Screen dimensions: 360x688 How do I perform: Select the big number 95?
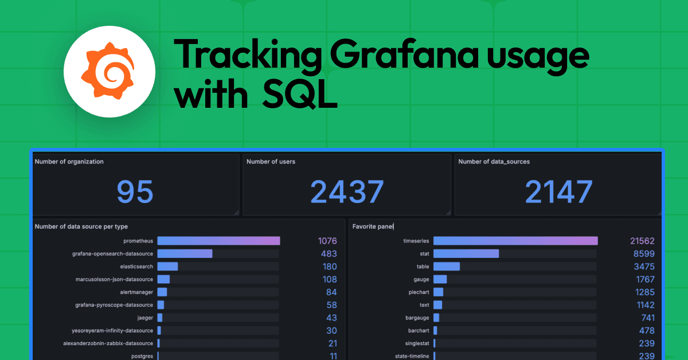pyautogui.click(x=135, y=191)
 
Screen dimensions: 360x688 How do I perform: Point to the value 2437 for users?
pyautogui.click(x=347, y=191)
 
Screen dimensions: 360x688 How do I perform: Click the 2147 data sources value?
pyautogui.click(x=558, y=191)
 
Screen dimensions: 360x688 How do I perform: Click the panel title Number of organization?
pyautogui.click(x=69, y=162)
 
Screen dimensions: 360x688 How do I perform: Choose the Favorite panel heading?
pyautogui.click(x=373, y=226)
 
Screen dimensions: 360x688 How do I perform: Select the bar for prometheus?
pyautogui.click(x=218, y=241)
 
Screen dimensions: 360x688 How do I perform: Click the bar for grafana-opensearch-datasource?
pyautogui.click(x=185, y=253)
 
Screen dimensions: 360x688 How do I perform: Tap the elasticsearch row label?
pyautogui.click(x=136, y=267)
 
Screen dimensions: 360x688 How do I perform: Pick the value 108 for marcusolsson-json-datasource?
pyautogui.click(x=329, y=279)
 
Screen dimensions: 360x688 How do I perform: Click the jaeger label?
pyautogui.click(x=144, y=318)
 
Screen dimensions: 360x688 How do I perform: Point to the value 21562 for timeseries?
pyautogui.click(x=642, y=241)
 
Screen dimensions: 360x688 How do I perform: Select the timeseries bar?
pyautogui.click(x=515, y=241)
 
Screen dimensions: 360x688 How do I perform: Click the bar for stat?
pyautogui.click(x=466, y=253)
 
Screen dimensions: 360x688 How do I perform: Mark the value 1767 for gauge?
pyautogui.click(x=645, y=279)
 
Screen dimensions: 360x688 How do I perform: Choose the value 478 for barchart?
pyautogui.click(x=647, y=330)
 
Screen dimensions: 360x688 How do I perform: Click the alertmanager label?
pyautogui.click(x=136, y=292)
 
